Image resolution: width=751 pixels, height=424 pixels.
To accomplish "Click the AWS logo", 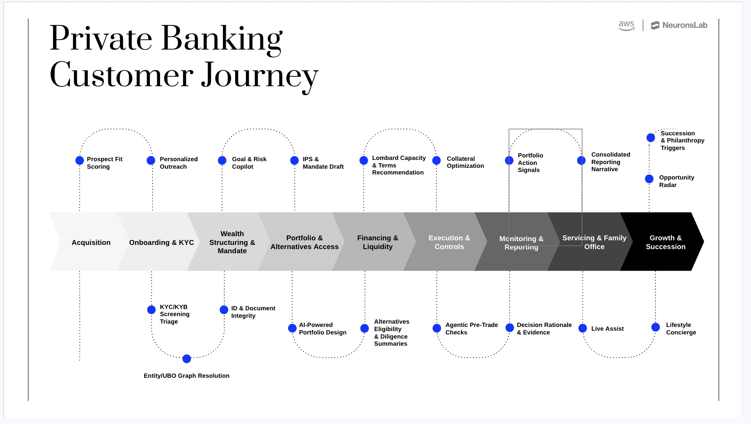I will click(626, 25).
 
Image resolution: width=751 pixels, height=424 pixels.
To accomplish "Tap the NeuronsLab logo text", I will click(684, 25).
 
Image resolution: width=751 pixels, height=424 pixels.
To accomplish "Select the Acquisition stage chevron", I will click(91, 242).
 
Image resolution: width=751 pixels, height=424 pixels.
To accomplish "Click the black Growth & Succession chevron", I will click(665, 242).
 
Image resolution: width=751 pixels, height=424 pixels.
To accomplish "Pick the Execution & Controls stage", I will click(449, 242).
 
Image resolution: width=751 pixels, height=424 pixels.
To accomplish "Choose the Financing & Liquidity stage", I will click(377, 242).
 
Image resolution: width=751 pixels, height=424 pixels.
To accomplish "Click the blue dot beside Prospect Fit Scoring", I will click(80, 160).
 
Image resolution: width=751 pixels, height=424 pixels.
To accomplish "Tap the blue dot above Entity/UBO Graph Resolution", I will click(187, 359).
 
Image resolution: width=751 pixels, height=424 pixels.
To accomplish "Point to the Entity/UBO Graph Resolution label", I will click(186, 376).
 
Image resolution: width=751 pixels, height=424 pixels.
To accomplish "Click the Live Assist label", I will click(607, 329).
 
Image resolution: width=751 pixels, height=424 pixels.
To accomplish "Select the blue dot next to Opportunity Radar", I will click(649, 179).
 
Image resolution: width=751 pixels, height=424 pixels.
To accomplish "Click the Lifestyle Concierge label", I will click(681, 329).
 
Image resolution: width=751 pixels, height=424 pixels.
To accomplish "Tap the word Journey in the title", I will click(259, 76).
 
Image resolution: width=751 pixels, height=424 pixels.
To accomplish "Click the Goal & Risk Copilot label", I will click(249, 163).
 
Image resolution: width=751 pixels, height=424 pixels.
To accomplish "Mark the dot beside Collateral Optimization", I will click(436, 160).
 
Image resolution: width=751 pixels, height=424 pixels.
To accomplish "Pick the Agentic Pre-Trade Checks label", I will click(471, 329).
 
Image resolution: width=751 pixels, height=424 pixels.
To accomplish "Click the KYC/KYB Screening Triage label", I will click(174, 314).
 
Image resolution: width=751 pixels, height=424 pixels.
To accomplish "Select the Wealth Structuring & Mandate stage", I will click(232, 242).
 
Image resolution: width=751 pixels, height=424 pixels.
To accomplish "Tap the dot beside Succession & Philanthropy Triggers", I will click(651, 137).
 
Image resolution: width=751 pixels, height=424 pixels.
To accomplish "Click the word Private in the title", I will click(101, 38).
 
